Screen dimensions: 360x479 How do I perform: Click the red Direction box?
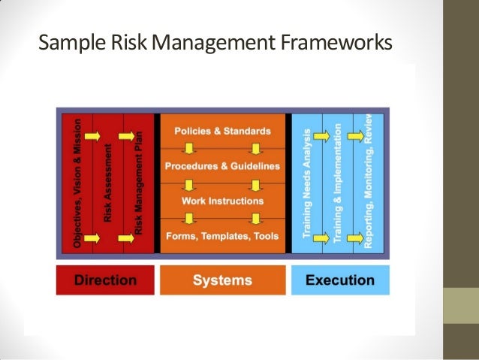point(104,280)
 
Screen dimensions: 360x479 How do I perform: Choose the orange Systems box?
point(222,280)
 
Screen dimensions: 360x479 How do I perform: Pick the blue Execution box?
point(340,280)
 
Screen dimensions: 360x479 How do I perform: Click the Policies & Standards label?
point(222,131)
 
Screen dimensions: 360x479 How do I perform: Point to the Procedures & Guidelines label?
point(222,165)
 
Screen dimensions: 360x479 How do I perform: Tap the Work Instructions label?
point(222,201)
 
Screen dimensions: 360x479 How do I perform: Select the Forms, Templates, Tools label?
point(222,235)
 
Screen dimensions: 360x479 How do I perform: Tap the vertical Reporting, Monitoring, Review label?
point(368,180)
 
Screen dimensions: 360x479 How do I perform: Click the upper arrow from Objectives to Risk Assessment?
point(93,136)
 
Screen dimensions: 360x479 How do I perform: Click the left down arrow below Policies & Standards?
point(189,149)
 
